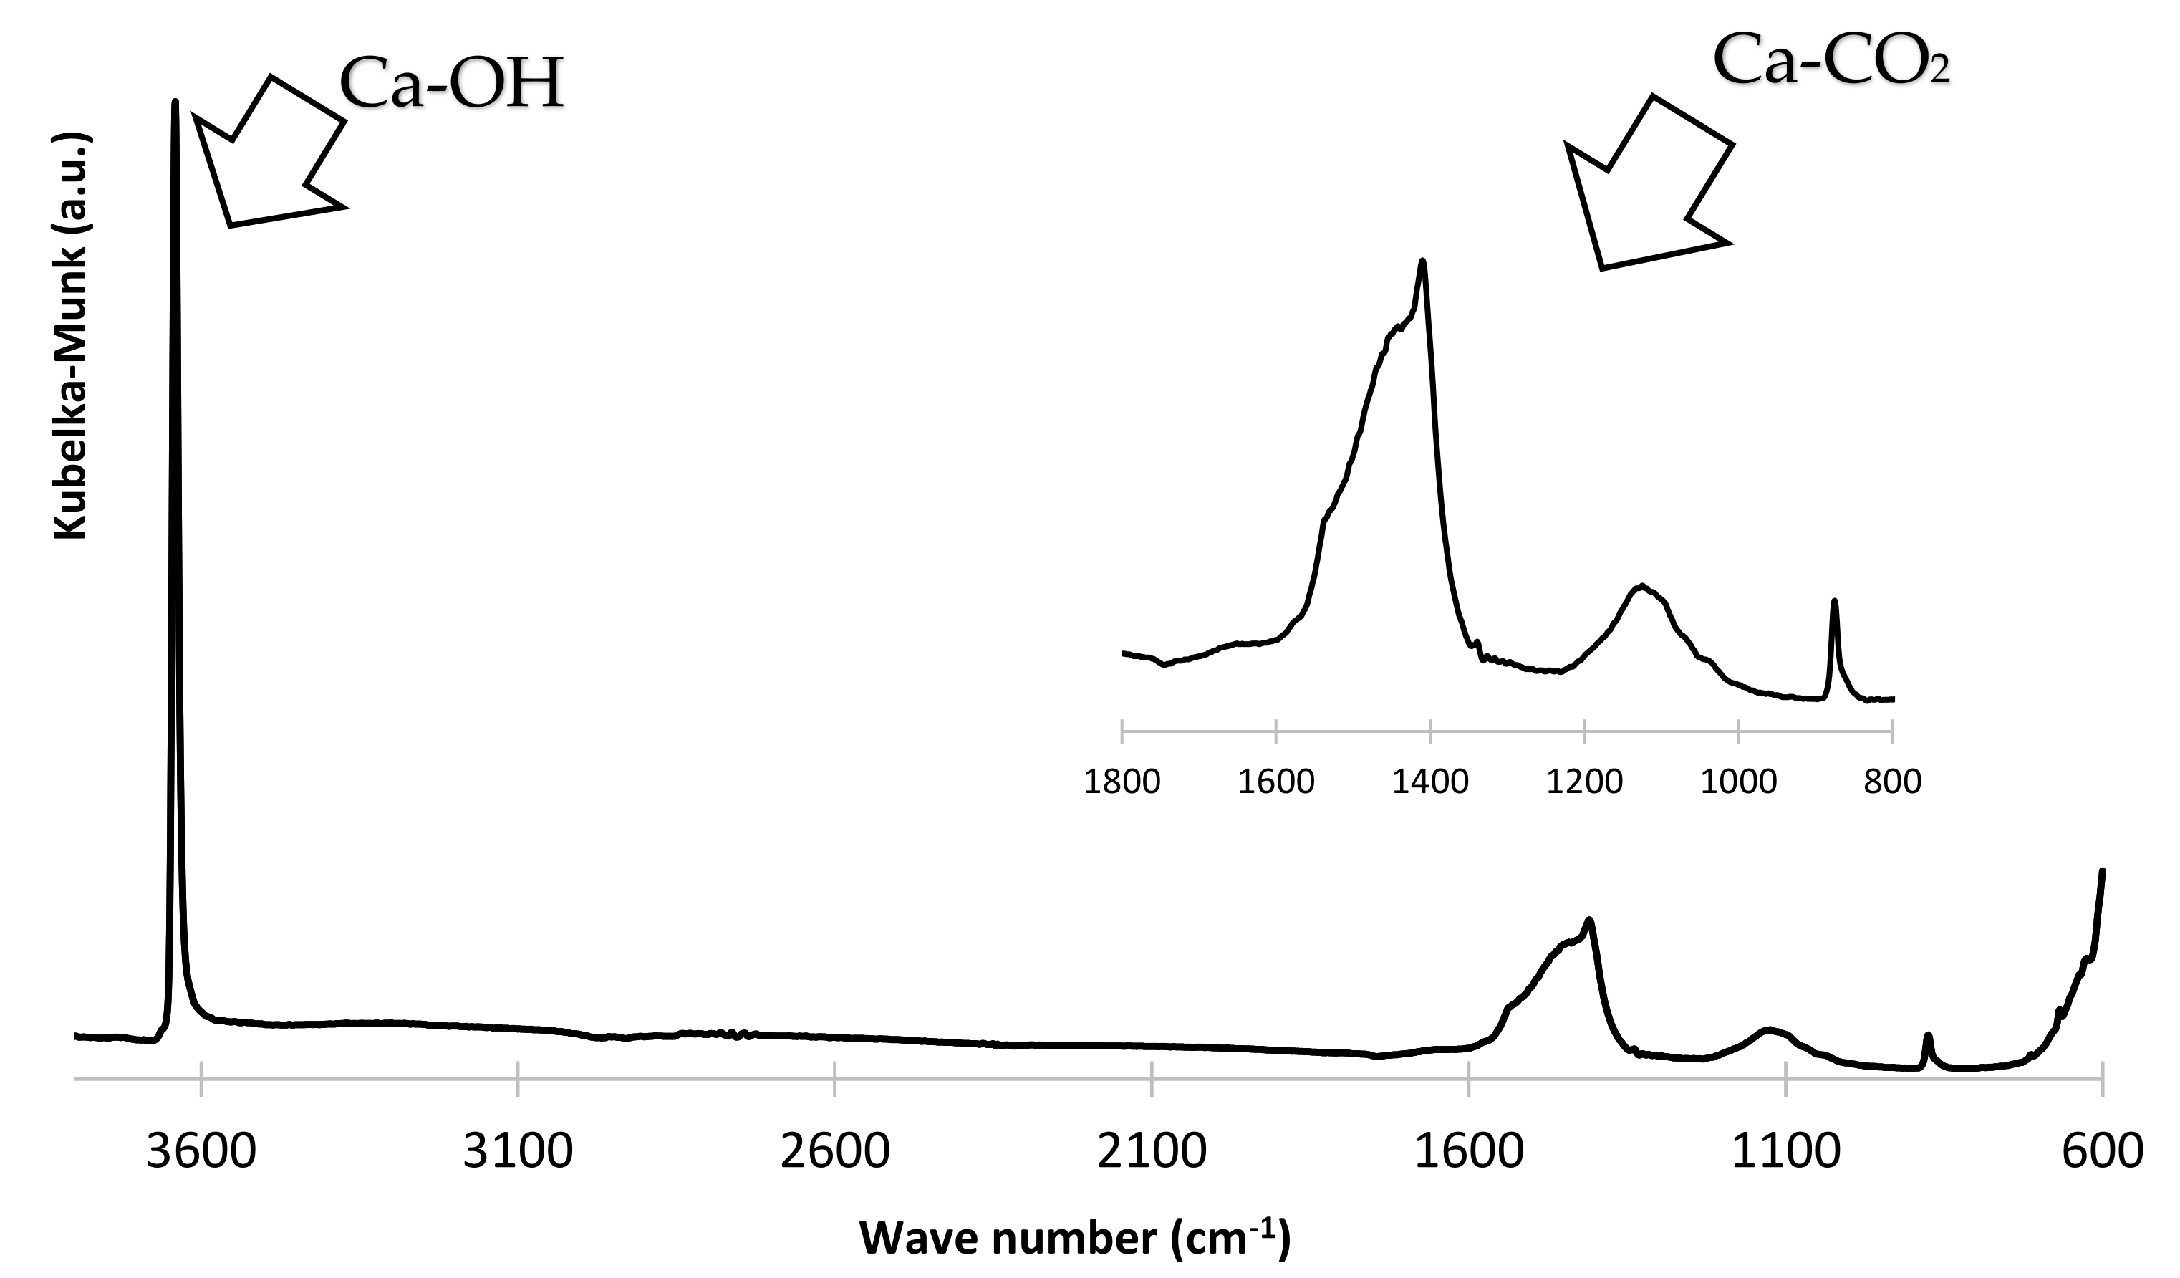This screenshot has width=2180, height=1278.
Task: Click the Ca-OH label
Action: (x=452, y=85)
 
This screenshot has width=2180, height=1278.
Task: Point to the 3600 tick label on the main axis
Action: (x=201, y=1153)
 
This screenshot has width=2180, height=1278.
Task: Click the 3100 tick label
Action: (x=517, y=1153)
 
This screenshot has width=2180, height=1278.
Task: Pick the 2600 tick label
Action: (x=835, y=1153)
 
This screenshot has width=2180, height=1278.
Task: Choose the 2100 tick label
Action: (x=1152, y=1153)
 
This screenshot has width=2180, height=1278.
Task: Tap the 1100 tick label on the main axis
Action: (x=1785, y=1153)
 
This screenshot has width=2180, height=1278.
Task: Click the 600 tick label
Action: (x=2102, y=1153)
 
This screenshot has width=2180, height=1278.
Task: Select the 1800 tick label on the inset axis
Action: (x=1122, y=782)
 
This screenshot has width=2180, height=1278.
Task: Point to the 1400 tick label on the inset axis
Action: (x=1430, y=782)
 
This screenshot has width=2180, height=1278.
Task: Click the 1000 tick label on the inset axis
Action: (x=1738, y=782)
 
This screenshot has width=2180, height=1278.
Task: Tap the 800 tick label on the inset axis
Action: (x=1893, y=782)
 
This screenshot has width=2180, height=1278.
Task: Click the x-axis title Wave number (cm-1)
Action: (x=1074, y=1239)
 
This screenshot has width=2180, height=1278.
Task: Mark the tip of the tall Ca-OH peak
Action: (x=175, y=102)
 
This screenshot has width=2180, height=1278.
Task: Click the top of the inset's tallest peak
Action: (x=1422, y=261)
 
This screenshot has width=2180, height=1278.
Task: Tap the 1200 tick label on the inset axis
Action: (x=1584, y=782)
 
